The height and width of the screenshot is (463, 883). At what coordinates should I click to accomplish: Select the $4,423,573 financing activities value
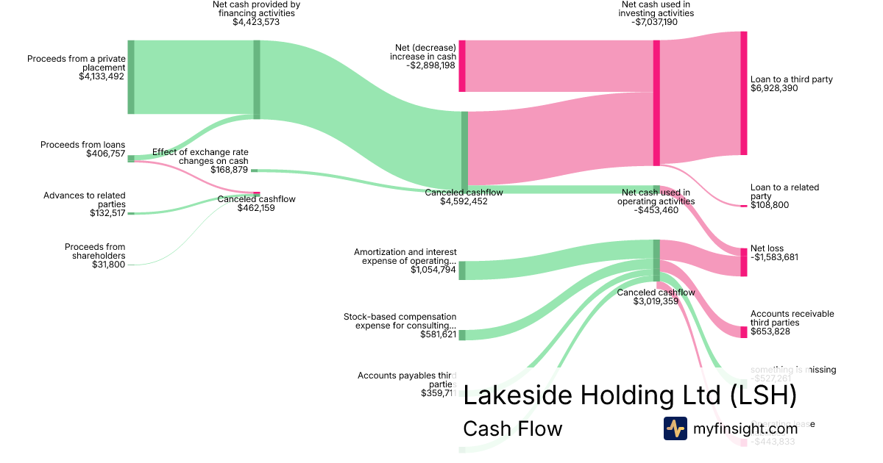tap(256, 23)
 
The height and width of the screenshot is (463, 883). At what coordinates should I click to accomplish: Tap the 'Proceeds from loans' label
tap(82, 145)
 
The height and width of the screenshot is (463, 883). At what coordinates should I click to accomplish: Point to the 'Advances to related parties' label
tap(84, 200)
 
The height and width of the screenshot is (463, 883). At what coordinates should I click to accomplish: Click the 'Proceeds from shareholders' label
tap(94, 251)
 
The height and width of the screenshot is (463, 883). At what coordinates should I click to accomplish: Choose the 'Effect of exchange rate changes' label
tap(200, 157)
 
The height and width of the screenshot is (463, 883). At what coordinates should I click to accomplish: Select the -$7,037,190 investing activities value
tap(656, 23)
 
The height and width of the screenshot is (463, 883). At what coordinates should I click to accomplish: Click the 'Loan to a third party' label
tap(791, 79)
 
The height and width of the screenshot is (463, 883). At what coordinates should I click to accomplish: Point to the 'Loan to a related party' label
tap(784, 192)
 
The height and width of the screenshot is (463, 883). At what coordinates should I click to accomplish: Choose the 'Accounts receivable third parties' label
tap(792, 318)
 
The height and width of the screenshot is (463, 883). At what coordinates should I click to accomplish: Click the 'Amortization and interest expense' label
tap(405, 256)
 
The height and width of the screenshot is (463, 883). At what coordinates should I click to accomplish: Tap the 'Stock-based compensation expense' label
tap(400, 321)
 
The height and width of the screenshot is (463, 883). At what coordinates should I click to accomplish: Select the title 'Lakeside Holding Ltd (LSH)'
tap(630, 395)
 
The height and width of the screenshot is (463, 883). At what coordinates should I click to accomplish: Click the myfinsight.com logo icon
tap(675, 428)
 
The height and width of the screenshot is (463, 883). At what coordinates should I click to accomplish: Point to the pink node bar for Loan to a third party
tap(743, 93)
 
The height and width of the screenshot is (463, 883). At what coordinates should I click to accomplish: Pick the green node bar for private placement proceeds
tap(131, 77)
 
